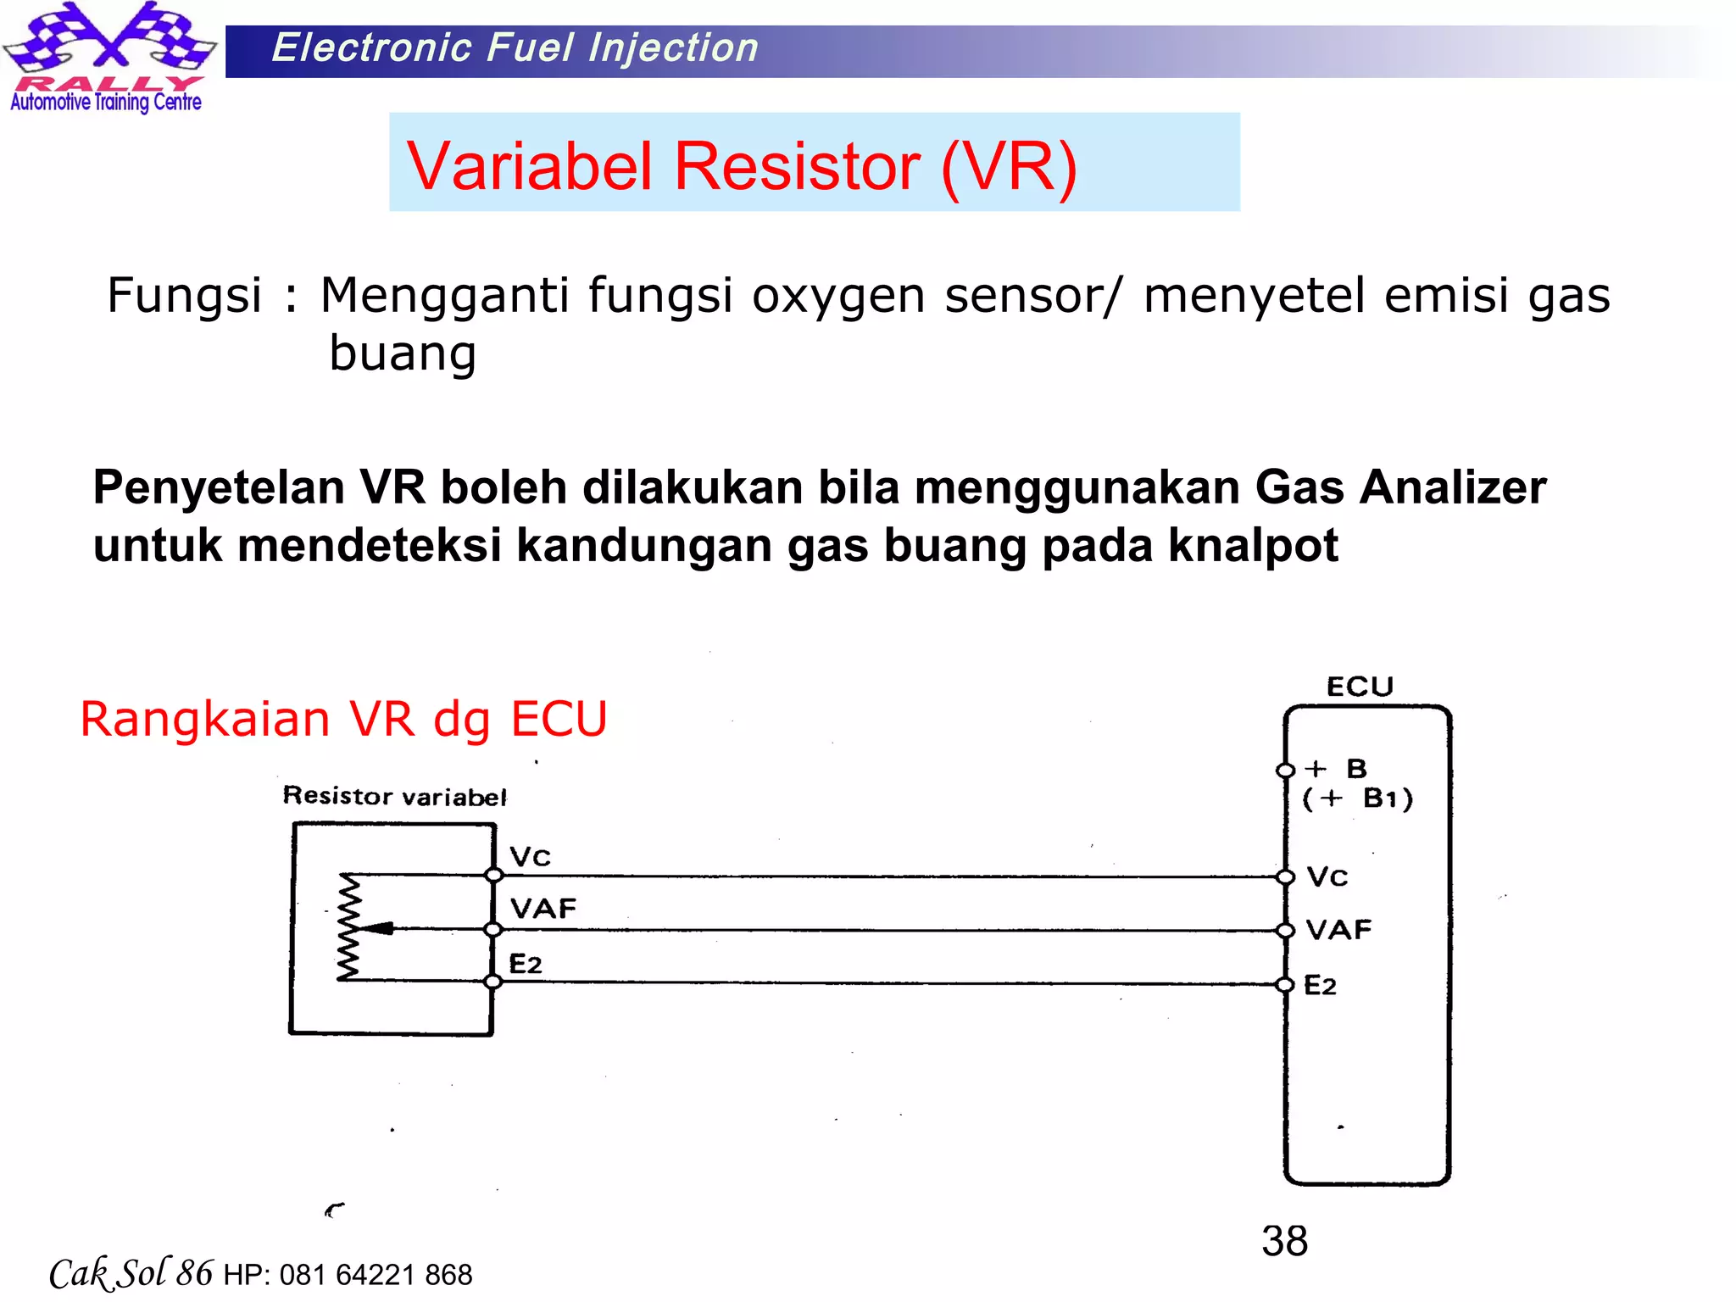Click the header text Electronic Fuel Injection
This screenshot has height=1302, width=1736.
(515, 48)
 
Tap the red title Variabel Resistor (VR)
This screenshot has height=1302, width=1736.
(742, 165)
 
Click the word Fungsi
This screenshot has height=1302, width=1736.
(184, 296)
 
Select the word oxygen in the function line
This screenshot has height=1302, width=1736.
(837, 296)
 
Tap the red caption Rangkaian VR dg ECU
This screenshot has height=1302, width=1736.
(343, 720)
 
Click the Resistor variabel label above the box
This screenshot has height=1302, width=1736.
(394, 796)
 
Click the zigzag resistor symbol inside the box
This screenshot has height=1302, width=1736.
(348, 927)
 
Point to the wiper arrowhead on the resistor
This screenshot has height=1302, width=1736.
(378, 928)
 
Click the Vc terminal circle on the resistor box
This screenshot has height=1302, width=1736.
(493, 875)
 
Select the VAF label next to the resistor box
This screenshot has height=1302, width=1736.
(543, 909)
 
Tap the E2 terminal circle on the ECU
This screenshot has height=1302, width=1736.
(1286, 984)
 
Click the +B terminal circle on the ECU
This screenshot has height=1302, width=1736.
(1286, 770)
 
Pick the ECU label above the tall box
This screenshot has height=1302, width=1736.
(1360, 687)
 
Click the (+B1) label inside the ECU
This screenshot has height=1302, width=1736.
(1358, 798)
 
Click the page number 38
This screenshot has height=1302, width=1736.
(1284, 1241)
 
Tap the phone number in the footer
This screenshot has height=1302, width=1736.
(376, 1275)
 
